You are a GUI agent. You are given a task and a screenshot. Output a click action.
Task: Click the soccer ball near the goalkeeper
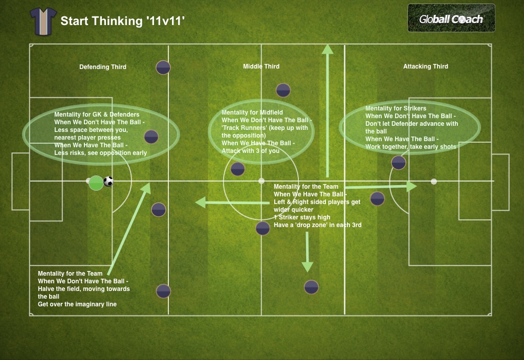tap(108, 182)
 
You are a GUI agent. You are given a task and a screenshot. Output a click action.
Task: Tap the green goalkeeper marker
tap(96, 183)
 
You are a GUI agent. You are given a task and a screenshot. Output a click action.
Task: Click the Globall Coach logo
tap(451, 18)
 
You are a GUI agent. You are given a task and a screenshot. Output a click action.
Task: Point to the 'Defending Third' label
tap(102, 67)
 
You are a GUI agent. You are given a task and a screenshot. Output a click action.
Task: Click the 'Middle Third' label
tap(261, 66)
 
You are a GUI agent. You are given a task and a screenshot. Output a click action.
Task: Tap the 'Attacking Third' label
tap(425, 66)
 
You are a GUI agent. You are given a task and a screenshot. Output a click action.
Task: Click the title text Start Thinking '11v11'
tap(122, 21)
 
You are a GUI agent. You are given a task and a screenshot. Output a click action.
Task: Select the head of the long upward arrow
tap(327, 49)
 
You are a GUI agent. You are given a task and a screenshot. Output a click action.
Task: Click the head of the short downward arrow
tap(307, 266)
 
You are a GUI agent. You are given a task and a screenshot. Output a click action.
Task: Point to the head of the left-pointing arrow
tap(201, 203)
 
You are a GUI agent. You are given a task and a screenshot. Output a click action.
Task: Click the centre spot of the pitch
tap(261, 181)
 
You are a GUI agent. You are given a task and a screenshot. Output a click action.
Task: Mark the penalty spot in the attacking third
tap(434, 182)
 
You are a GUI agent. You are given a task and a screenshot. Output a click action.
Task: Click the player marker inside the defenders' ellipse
tap(151, 137)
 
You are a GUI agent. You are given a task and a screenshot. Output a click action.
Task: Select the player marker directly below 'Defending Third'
tap(163, 67)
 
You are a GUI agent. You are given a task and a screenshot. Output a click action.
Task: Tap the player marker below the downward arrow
tap(311, 287)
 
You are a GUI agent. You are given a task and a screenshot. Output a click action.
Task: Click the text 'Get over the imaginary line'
tap(77, 304)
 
